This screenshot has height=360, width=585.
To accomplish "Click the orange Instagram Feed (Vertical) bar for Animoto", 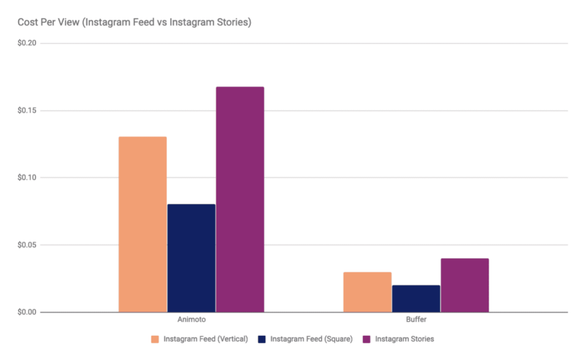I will (143, 224).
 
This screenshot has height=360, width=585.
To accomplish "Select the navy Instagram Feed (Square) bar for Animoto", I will (192, 258).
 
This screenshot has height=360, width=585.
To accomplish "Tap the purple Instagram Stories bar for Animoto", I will (240, 199).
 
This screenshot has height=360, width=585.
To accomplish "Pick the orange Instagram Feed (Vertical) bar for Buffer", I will (367, 292).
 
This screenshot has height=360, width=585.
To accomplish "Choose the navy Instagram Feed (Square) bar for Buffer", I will (416, 299).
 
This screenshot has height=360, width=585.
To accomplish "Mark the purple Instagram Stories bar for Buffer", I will (464, 285).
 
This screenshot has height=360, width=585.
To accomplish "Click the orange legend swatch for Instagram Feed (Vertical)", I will (155, 340).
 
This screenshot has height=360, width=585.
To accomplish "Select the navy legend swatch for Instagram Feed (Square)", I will (262, 340).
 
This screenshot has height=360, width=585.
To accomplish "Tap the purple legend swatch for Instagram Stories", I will (367, 340).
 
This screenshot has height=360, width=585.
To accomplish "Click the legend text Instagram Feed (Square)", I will (312, 340).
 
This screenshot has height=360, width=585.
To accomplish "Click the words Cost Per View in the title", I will (48, 23).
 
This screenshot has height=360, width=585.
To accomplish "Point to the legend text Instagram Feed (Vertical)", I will (205, 340).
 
